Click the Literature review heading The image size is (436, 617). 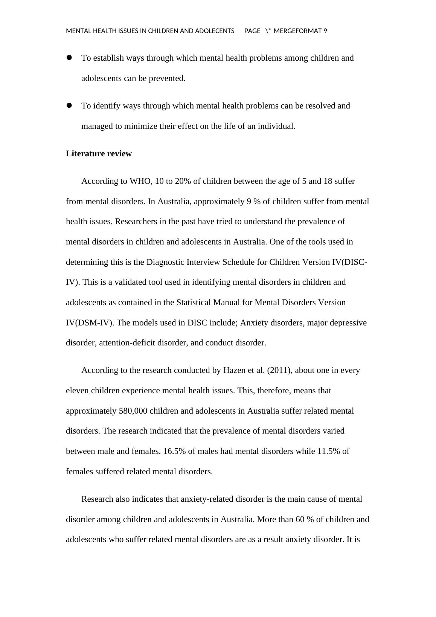coord(99,154)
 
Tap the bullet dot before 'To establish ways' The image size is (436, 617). coord(69,58)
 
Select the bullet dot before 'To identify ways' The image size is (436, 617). coord(69,105)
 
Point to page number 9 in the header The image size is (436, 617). coord(325,31)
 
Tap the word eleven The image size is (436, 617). coord(77,391)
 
